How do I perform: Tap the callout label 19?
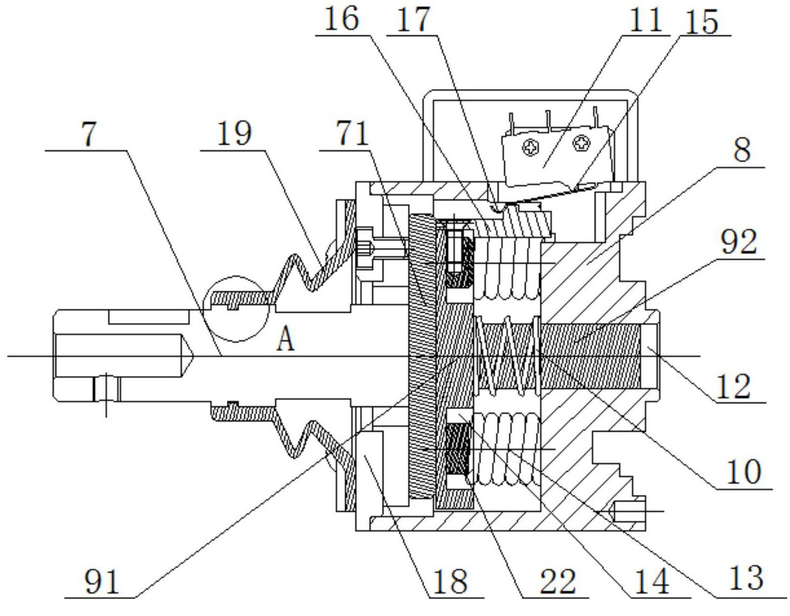[x=234, y=134]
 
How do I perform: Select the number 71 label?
[x=352, y=134]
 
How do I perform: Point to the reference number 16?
[x=341, y=19]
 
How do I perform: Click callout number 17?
[x=413, y=20]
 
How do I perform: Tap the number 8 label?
[x=741, y=150]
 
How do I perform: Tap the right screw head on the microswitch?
[x=581, y=143]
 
